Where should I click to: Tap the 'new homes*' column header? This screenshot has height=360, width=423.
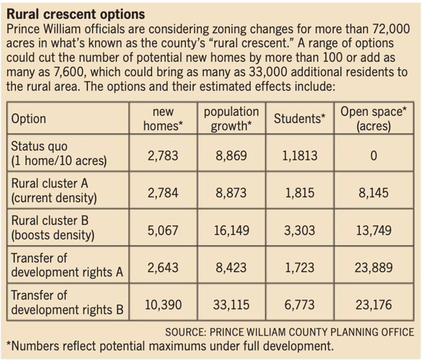(x=164, y=119)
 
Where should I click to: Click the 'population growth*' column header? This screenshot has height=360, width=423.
(x=231, y=119)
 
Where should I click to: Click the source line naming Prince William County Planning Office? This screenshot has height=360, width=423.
(x=290, y=332)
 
